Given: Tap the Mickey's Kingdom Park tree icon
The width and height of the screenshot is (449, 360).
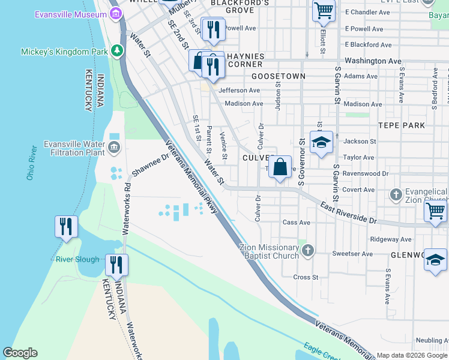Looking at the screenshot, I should click(117, 52).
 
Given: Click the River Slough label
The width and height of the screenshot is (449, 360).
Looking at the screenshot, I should click(77, 259).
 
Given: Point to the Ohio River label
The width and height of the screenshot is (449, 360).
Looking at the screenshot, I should click(31, 162).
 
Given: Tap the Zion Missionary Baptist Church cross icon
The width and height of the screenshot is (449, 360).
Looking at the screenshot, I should click(307, 250).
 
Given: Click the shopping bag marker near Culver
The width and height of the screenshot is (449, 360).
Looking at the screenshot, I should click(280, 167).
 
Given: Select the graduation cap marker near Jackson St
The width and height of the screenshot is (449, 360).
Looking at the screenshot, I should click(321, 142).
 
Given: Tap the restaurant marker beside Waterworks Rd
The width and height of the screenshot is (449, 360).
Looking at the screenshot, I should click(116, 265).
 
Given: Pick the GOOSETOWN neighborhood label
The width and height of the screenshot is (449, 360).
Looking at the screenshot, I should click(279, 76).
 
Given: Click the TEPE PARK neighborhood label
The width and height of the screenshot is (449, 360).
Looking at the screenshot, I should click(402, 125).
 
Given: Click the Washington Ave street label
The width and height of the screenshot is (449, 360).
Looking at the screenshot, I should click(373, 61).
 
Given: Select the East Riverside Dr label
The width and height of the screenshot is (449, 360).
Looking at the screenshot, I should click(348, 214).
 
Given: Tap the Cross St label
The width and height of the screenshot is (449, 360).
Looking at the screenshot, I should click(306, 277).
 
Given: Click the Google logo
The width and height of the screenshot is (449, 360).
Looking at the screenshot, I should click(20, 353).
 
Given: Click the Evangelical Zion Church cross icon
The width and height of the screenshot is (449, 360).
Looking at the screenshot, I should click(396, 194).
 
